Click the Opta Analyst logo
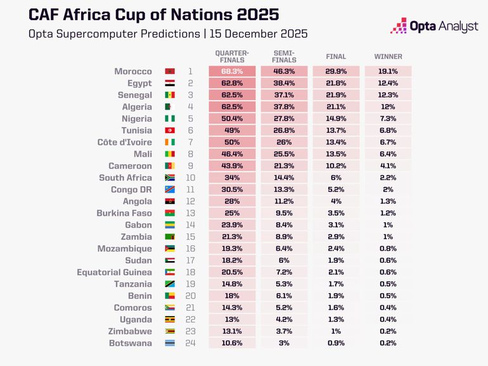pyautogui.click(x=433, y=27)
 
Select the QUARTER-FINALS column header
pyautogui.click(x=232, y=56)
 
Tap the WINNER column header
pyautogui.click(x=388, y=57)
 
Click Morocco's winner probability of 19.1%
pyautogui.click(x=388, y=72)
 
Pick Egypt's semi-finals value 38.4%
pyautogui.click(x=284, y=84)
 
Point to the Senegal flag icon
pyautogui.click(x=170, y=95)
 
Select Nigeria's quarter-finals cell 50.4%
pyautogui.click(x=232, y=119)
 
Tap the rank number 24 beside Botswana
pyautogui.click(x=189, y=343)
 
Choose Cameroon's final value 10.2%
pyautogui.click(x=336, y=166)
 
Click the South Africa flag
pyautogui.click(x=170, y=178)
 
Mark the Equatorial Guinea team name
pyautogui.click(x=114, y=272)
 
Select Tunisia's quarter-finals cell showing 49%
pyautogui.click(x=232, y=130)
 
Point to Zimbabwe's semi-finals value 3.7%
pyautogui.click(x=284, y=331)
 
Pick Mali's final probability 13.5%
pyautogui.click(x=336, y=155)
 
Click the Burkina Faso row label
pyautogui.click(x=124, y=213)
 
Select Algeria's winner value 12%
pyautogui.click(x=388, y=107)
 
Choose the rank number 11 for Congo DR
pyautogui.click(x=189, y=190)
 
